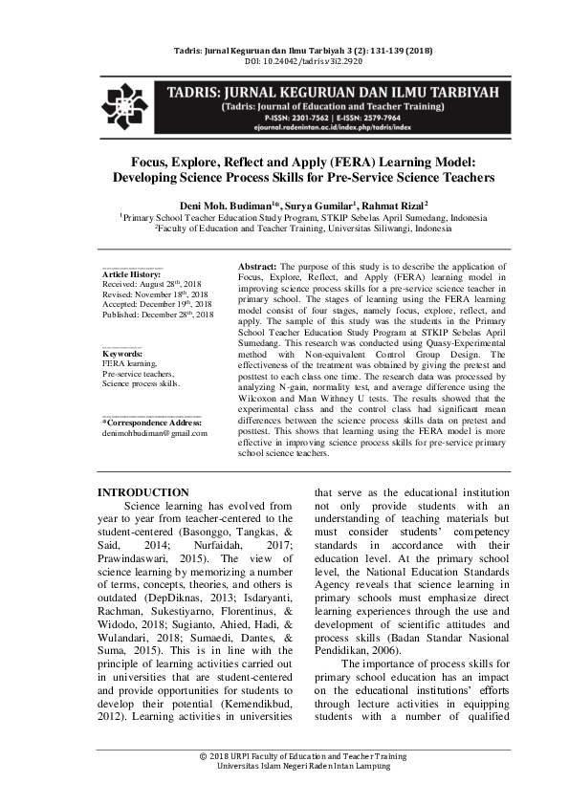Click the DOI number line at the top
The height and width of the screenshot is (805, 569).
click(x=283, y=61)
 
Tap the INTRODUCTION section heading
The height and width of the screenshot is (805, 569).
click(x=143, y=492)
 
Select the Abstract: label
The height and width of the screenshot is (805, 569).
click(x=256, y=264)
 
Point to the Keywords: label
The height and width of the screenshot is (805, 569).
click(x=121, y=354)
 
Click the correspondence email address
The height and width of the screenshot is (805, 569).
click(x=154, y=433)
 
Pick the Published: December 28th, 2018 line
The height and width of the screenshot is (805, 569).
click(x=157, y=314)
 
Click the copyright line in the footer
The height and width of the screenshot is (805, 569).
click(x=283, y=755)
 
